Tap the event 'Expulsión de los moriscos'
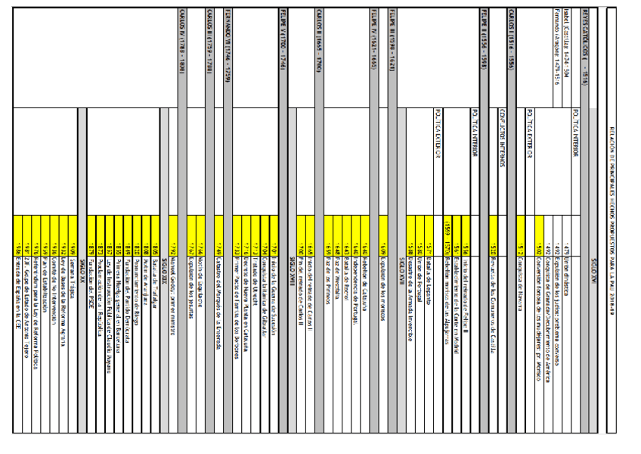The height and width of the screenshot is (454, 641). (x=385, y=261)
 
